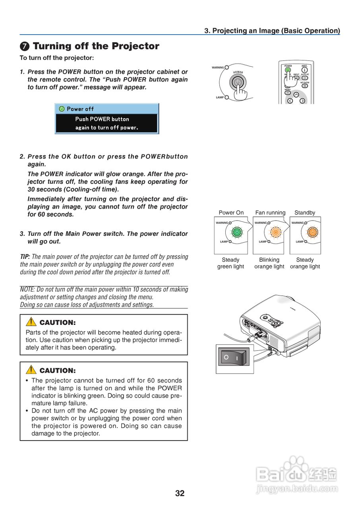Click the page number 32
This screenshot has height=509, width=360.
coord(180,493)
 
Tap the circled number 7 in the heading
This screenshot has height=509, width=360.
coord(25,47)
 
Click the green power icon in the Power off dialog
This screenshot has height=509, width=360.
coord(62,109)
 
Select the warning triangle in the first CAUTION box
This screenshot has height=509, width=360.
coord(31,322)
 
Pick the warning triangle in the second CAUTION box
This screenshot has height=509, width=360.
coord(31,370)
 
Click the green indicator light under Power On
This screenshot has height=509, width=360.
coord(237,232)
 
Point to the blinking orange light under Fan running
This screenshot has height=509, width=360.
coord(275,232)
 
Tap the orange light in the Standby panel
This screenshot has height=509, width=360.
coord(312,232)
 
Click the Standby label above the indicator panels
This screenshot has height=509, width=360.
coord(305,213)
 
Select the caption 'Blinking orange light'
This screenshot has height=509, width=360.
coord(269,263)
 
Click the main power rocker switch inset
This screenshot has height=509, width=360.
coord(234,358)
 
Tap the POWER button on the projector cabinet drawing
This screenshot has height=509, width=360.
coord(238,82)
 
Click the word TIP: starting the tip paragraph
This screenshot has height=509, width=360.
coord(25,257)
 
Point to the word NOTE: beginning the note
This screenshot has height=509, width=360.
coord(27,289)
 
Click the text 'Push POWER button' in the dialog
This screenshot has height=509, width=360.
coord(102,119)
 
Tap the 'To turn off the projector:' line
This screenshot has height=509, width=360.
coord(57,58)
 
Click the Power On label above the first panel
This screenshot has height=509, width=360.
coord(231,213)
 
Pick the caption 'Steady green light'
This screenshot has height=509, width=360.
coord(230,263)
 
